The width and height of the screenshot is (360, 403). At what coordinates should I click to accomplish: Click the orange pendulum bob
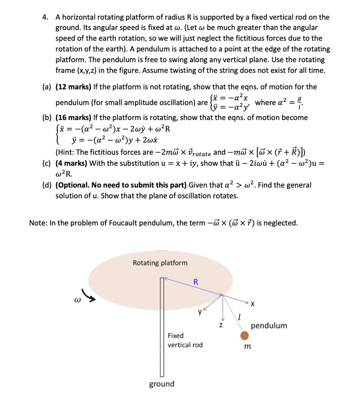tap(244, 335)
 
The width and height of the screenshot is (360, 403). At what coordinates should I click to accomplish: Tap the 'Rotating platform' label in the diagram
tap(160, 263)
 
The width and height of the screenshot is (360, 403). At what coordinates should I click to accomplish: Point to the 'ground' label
tap(162, 384)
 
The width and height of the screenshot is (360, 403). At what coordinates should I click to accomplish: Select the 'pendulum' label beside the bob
tap(269, 325)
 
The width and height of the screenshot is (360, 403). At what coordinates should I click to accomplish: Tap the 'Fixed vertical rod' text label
tap(185, 340)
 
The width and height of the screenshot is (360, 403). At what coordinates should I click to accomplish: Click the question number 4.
tap(46, 17)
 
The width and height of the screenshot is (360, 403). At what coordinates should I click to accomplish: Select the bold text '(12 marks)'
tap(74, 87)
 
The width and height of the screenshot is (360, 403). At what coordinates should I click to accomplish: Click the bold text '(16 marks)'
tap(74, 117)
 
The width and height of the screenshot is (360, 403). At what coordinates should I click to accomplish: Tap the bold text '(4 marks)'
tap(72, 163)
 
